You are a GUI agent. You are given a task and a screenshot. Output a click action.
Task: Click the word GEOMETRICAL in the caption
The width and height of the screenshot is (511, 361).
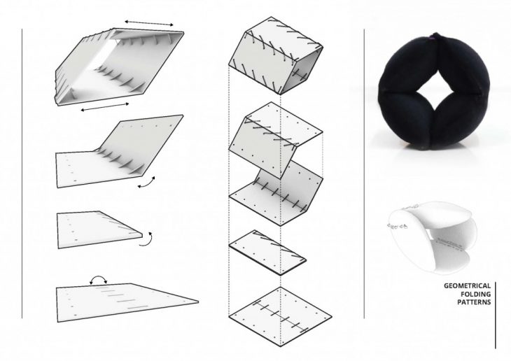(468, 286)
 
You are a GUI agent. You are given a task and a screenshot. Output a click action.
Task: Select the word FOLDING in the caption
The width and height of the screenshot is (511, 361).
(475, 296)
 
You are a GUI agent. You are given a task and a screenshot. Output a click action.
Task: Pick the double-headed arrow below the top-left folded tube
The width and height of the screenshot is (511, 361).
(104, 108)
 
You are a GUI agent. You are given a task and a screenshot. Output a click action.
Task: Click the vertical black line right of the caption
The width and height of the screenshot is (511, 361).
(495, 314)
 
